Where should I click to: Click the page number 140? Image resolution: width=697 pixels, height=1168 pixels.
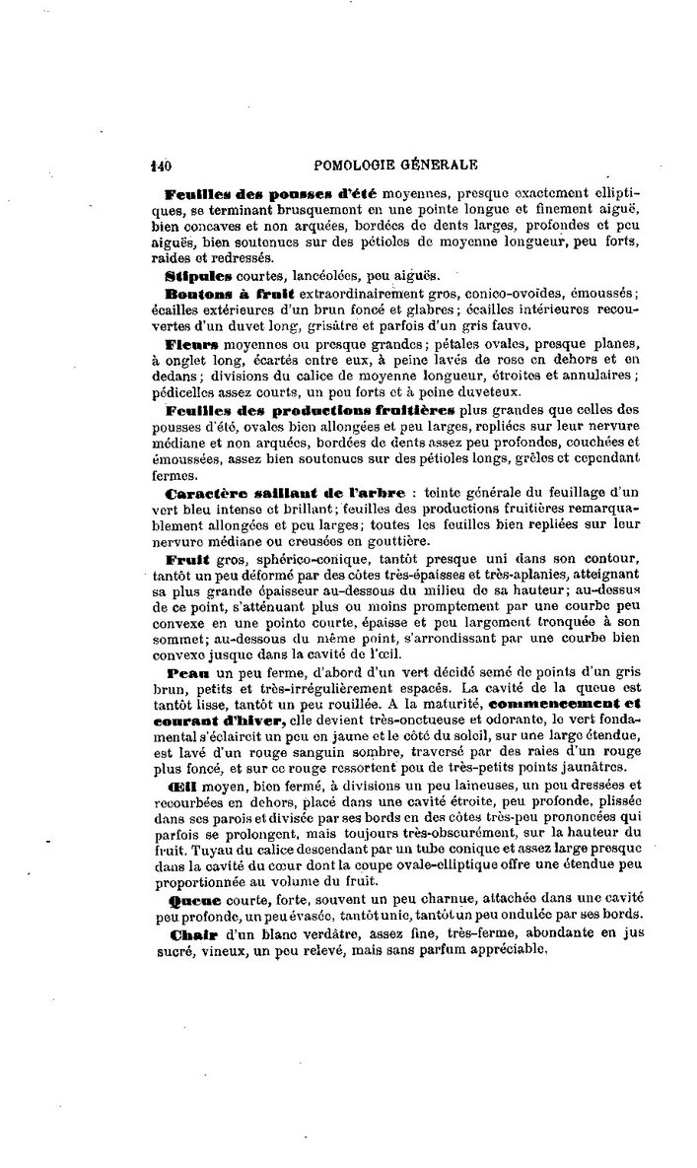pyautogui.click(x=161, y=166)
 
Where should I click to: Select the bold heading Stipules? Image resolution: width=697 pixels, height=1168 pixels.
pyautogui.click(x=200, y=274)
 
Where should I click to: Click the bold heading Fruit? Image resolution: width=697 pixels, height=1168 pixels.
pyautogui.click(x=184, y=559)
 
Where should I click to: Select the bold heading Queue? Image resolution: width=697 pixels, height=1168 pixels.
pyautogui.click(x=191, y=899)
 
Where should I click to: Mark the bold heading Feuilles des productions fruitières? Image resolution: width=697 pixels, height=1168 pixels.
pyautogui.click(x=312, y=410)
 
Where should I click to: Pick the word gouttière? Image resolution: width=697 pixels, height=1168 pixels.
pyautogui.click(x=393, y=540)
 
